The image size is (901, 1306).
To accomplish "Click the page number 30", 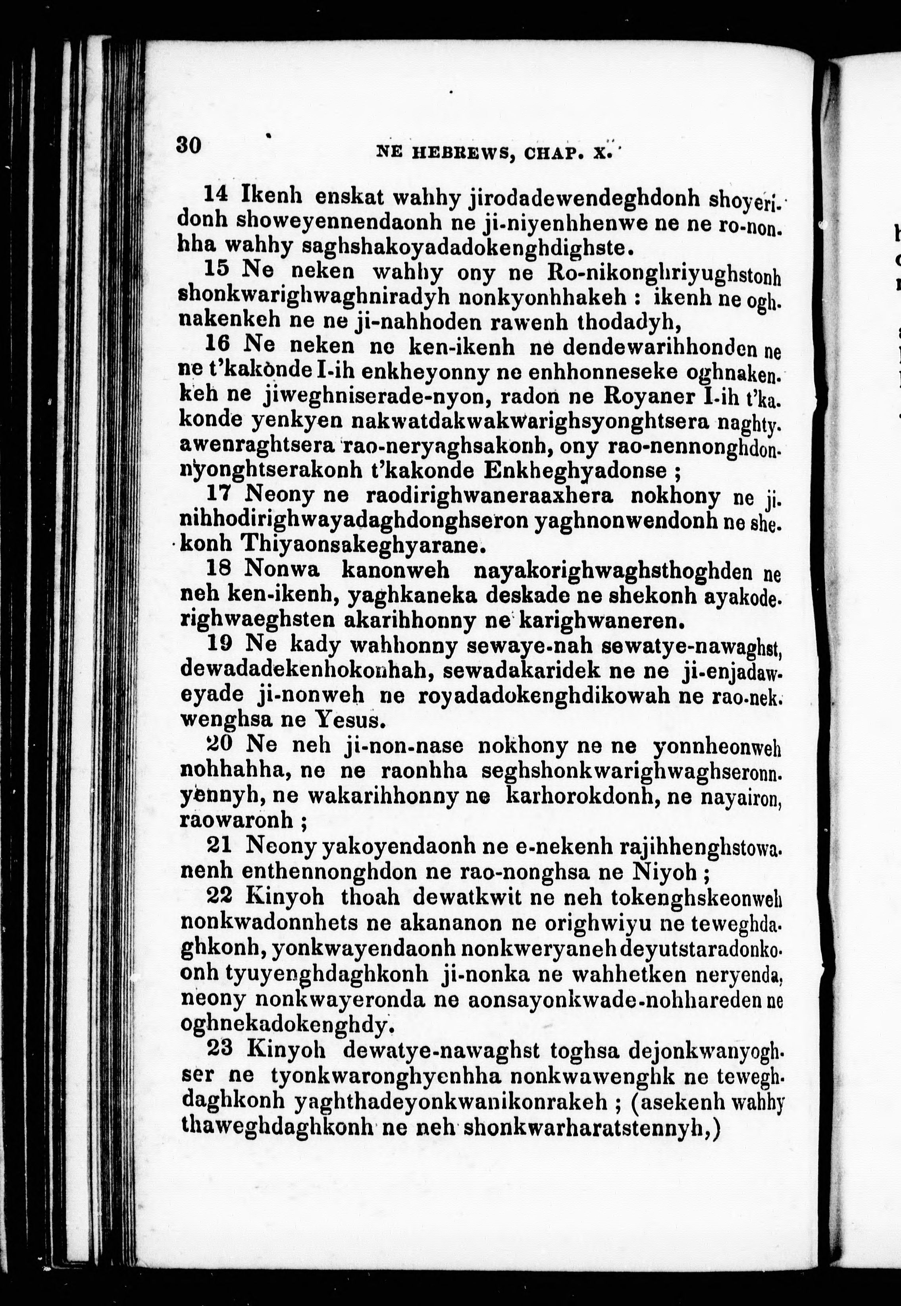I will (x=189, y=145).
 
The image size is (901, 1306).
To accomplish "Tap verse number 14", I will (x=215, y=194).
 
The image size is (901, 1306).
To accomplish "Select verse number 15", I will (x=215, y=269).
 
